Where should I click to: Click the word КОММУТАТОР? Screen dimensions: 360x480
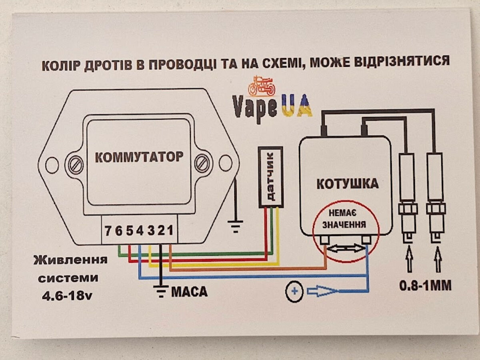(x=139, y=157)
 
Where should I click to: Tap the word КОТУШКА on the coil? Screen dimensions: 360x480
(x=347, y=184)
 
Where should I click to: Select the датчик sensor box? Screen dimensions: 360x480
(x=271, y=177)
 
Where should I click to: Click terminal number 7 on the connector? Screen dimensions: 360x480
(x=108, y=231)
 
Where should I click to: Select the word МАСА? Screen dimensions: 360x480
(x=189, y=292)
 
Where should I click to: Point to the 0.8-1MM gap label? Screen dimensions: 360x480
(x=425, y=286)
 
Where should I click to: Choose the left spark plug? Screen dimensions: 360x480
(x=408, y=200)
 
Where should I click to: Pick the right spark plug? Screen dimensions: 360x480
(x=436, y=200)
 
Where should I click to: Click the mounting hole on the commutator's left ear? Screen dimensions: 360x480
(x=52, y=164)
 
